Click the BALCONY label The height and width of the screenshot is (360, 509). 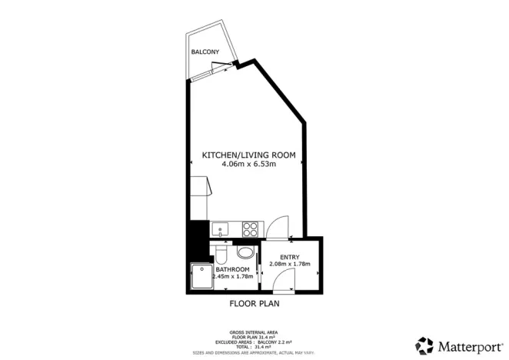pyautogui.click(x=205, y=52)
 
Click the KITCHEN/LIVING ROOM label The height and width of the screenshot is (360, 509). pyautogui.click(x=248, y=155)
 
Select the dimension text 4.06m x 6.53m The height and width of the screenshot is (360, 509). pyautogui.click(x=248, y=164)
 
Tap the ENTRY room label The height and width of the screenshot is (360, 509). pyautogui.click(x=290, y=256)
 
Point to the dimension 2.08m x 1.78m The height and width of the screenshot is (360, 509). pyautogui.click(x=290, y=264)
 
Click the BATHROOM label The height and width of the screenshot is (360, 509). pyautogui.click(x=233, y=269)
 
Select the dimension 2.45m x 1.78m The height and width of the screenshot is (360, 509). pyautogui.click(x=233, y=277)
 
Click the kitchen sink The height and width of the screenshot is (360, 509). pyautogui.click(x=219, y=228)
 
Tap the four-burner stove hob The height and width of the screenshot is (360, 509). pyautogui.click(x=251, y=228)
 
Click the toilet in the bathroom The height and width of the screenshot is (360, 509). pyautogui.click(x=220, y=253)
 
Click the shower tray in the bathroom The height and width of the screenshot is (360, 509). pyautogui.click(x=200, y=275)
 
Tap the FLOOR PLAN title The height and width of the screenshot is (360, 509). pyautogui.click(x=254, y=304)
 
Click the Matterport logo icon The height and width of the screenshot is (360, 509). pyautogui.click(x=424, y=344)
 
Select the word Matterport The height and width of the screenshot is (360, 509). pyautogui.click(x=468, y=344)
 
